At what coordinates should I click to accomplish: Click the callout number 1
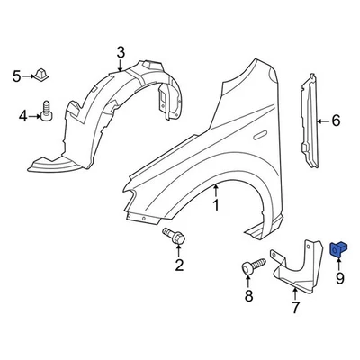(x=216, y=206)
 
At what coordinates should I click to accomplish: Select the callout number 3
(x=121, y=52)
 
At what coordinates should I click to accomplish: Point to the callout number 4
(x=23, y=115)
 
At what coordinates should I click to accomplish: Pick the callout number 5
(x=16, y=76)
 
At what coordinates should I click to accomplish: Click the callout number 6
(x=337, y=120)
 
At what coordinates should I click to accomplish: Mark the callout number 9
(x=340, y=279)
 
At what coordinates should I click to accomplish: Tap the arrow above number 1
(x=216, y=189)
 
